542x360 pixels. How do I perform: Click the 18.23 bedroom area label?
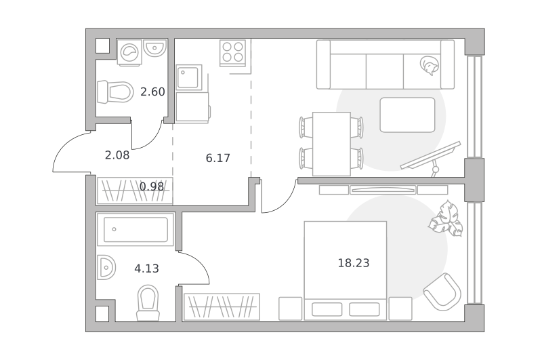[353, 263]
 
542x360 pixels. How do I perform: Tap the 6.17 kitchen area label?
[217, 158]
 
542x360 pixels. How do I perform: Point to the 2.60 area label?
[152, 92]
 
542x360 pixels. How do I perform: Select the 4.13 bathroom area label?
[146, 268]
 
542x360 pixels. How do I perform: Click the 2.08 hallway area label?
[117, 155]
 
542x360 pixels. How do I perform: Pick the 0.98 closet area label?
[152, 186]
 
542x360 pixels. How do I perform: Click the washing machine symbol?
[129, 52]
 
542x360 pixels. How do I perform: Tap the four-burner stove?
[232, 53]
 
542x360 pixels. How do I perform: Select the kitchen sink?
[189, 77]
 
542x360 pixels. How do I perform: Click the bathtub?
[135, 229]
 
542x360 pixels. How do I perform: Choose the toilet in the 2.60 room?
[115, 92]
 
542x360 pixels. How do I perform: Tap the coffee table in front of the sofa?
[408, 115]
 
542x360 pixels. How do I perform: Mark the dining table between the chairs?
[331, 144]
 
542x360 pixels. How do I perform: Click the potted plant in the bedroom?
[446, 218]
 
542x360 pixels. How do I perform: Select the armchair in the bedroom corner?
[442, 292]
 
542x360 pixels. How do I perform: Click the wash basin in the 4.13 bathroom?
[106, 267]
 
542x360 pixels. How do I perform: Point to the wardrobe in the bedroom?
[222, 306]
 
